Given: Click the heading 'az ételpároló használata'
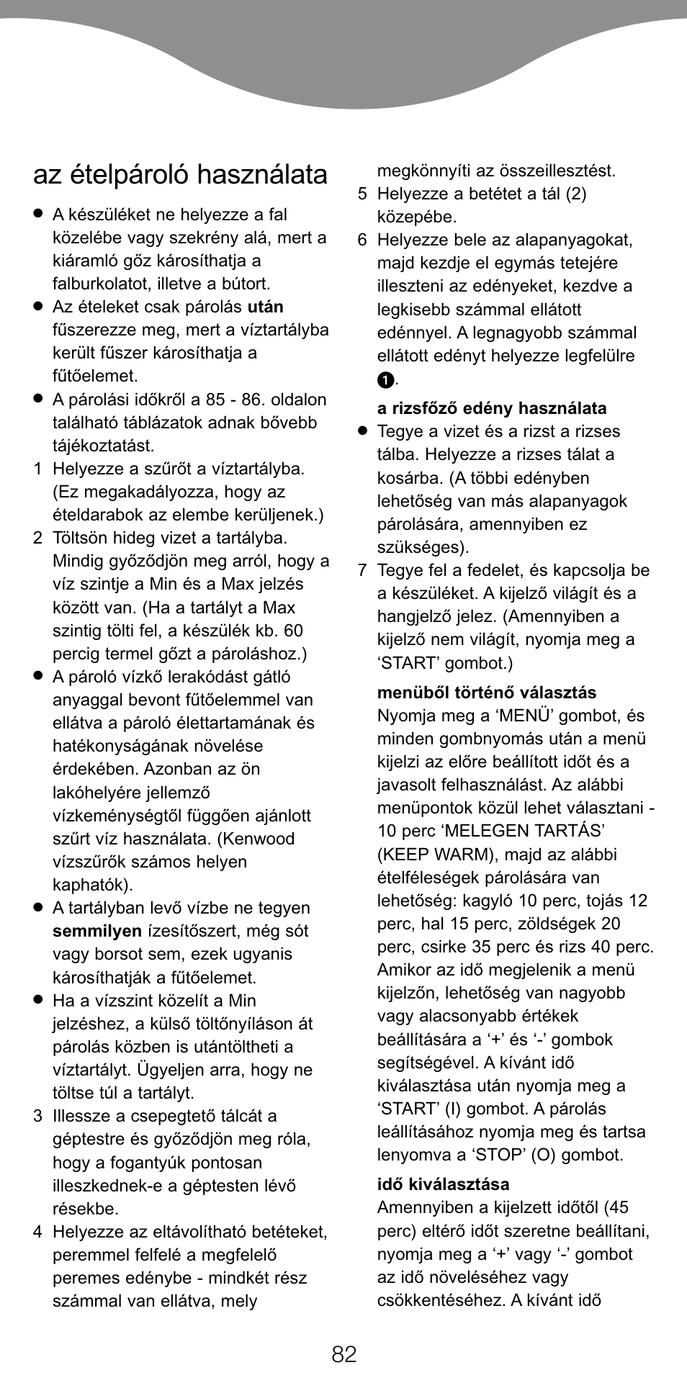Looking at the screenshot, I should (180, 175).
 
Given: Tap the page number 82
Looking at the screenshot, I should (343, 1354).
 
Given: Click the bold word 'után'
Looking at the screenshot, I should (265, 307).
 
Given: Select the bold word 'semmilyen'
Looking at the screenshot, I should (96, 931).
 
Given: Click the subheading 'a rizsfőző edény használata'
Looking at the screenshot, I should (491, 408).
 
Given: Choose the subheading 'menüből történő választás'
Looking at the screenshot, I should (486, 693).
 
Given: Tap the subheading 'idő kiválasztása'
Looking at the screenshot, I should (443, 1184).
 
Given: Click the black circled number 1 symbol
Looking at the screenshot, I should (385, 379).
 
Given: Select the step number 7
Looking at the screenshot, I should (362, 570).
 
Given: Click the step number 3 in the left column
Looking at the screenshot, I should (37, 1116).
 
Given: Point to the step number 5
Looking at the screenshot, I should (362, 194).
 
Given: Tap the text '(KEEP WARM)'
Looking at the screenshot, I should (425, 855).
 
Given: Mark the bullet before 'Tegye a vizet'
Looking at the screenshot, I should (363, 431).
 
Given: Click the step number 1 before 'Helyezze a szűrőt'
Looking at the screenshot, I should (37, 469).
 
